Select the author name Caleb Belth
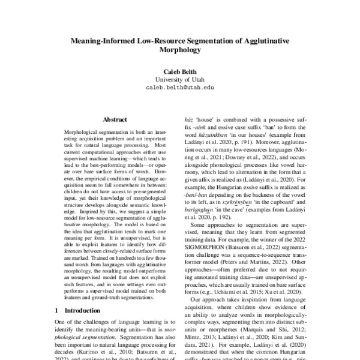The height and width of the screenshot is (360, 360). tap(180, 71)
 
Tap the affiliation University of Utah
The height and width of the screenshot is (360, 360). tap(180, 79)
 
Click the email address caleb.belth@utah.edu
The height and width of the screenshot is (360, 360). tap(180, 88)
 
